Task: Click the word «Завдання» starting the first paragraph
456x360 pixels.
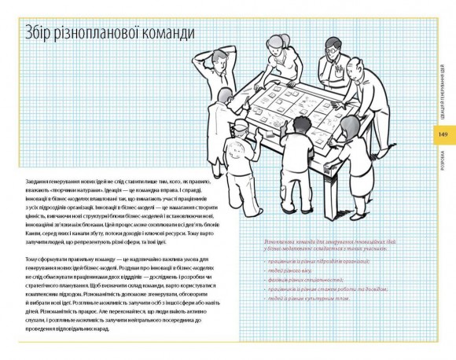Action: pyautogui.click(x=38, y=171)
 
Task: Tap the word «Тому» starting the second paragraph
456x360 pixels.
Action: pyautogui.click(x=31, y=259)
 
